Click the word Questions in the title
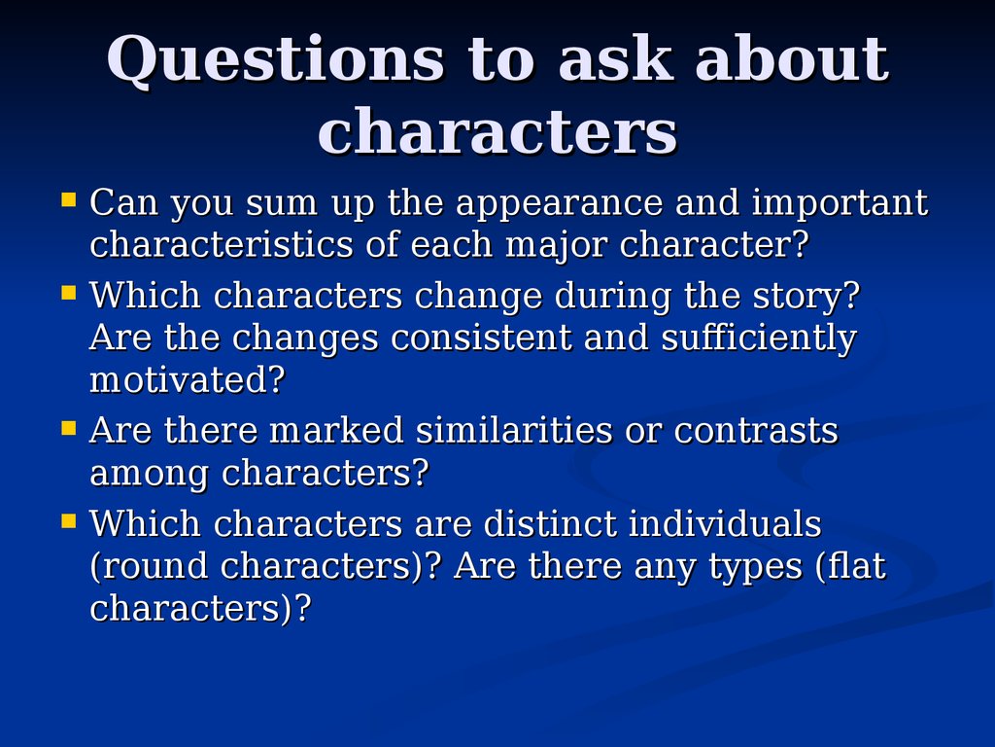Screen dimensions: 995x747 pyautogui.click(x=276, y=59)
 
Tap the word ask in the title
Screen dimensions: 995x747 pyautogui.click(x=615, y=58)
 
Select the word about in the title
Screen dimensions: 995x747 pyautogui.click(x=792, y=58)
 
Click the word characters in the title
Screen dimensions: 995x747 pyautogui.click(x=497, y=131)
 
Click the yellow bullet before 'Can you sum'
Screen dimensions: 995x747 pyautogui.click(x=69, y=200)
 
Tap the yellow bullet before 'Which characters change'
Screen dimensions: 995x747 pyautogui.click(x=69, y=293)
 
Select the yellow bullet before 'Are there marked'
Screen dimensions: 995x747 pyautogui.click(x=69, y=428)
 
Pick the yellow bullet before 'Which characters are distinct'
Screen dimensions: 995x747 pyautogui.click(x=69, y=521)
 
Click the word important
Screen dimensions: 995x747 pyautogui.click(x=840, y=204)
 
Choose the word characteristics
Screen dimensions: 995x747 pyautogui.click(x=221, y=244)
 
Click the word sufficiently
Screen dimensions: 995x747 pyautogui.click(x=759, y=338)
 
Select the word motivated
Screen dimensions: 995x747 pyautogui.click(x=188, y=380)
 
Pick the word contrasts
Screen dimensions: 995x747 pyautogui.click(x=756, y=431)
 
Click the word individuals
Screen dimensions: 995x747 pyautogui.click(x=725, y=523)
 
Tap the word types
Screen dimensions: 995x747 pyautogui.click(x=756, y=568)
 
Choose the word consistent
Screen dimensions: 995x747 pyautogui.click(x=481, y=338)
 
